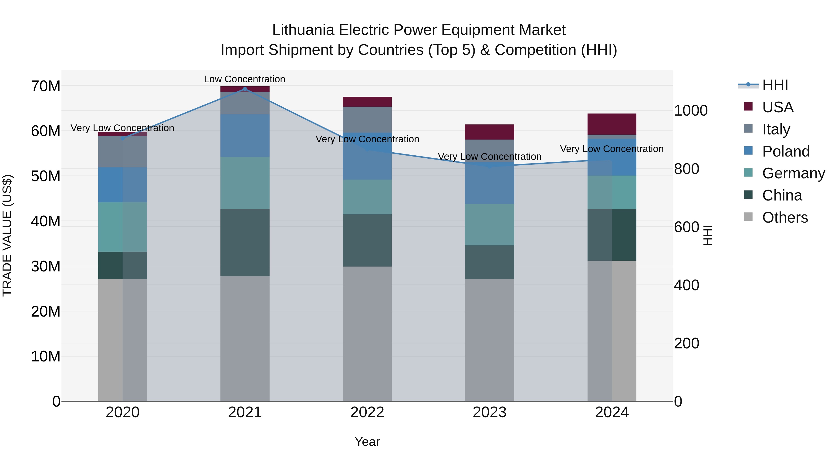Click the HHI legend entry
coord(775,85)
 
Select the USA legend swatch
coord(748,107)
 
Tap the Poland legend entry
coord(786,151)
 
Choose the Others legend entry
coord(785,217)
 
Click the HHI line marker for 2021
coord(245,89)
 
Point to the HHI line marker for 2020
coord(123,138)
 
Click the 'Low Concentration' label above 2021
coord(244,79)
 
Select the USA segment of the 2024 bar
coord(612,124)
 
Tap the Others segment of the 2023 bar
coord(489,340)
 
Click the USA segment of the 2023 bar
coord(489,132)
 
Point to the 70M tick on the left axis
coord(46,86)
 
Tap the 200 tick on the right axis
coord(686,343)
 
